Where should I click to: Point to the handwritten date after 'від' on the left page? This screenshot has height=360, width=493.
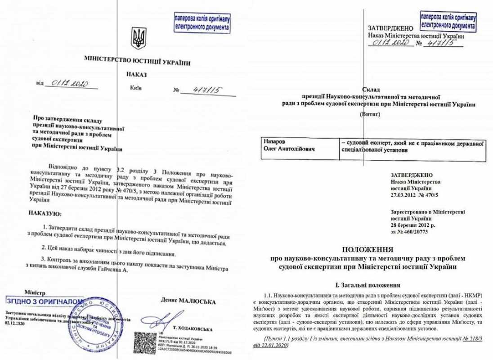71,84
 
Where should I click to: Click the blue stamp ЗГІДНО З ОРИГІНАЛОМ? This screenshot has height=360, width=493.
45,301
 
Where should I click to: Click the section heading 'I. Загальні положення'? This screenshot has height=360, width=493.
368,284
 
